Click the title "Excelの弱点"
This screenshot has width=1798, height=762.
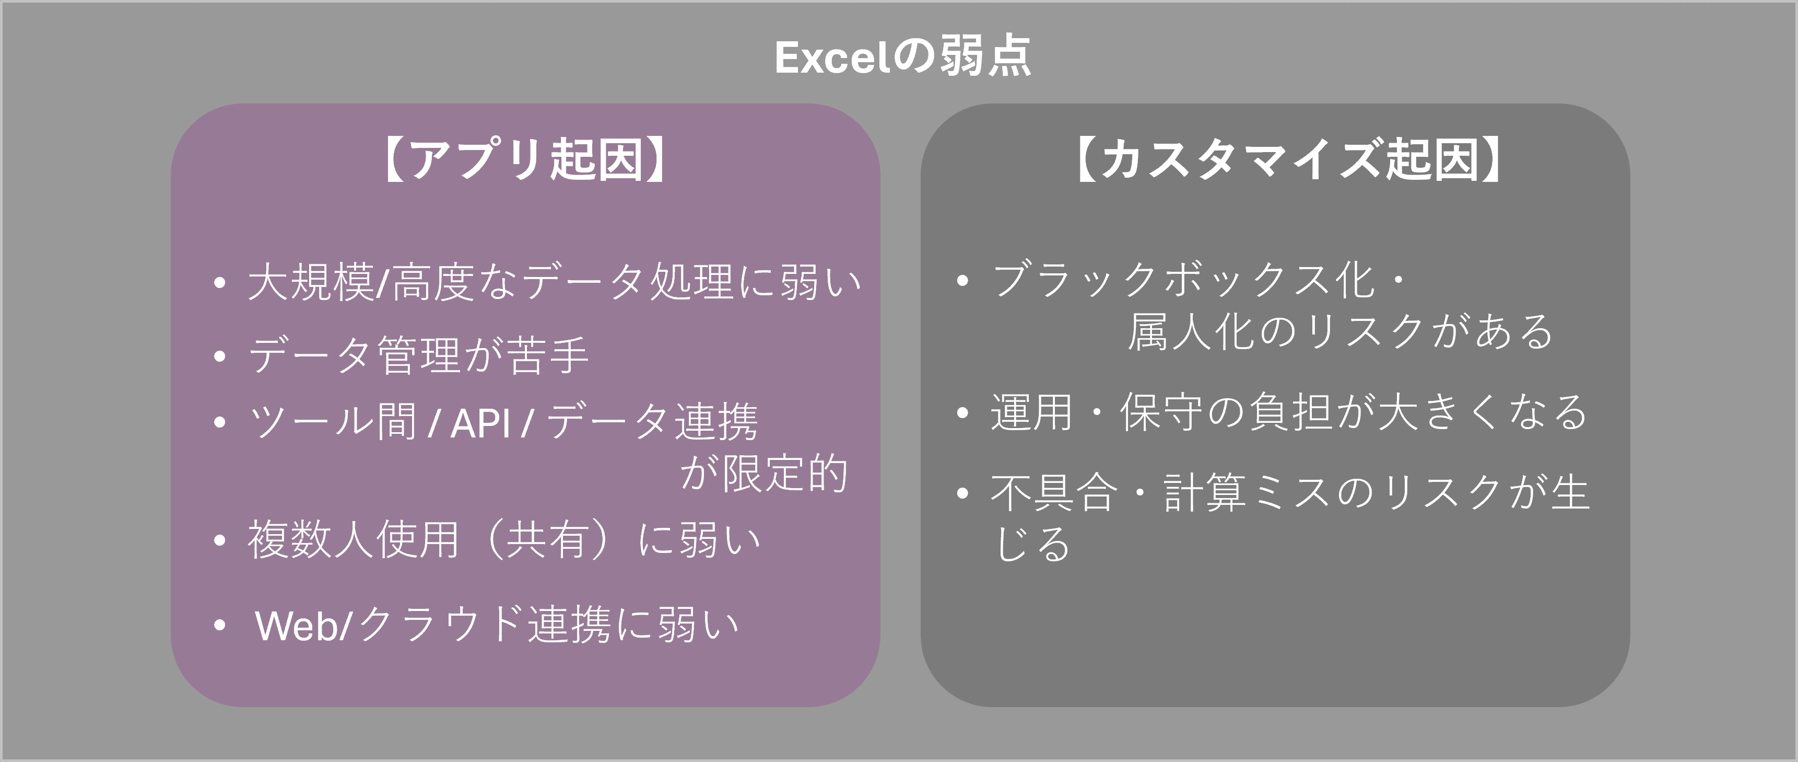click(902, 57)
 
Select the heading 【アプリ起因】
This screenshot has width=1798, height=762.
click(525, 160)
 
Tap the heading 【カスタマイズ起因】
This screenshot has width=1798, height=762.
click(1288, 160)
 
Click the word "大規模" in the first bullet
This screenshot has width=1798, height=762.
click(311, 283)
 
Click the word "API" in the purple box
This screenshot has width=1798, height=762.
click(481, 423)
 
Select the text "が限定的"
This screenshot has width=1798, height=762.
click(763, 474)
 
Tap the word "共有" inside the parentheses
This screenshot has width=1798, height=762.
click(547, 540)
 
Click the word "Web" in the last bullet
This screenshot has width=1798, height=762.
click(297, 626)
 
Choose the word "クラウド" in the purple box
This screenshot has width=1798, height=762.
click(441, 625)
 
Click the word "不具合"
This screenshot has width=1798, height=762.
click(1053, 493)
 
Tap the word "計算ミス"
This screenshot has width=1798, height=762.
click(1246, 493)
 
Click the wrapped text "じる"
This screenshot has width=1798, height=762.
click(1031, 544)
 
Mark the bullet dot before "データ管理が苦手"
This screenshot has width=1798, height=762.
click(220, 356)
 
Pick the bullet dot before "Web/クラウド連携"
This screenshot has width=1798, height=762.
click(220, 625)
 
